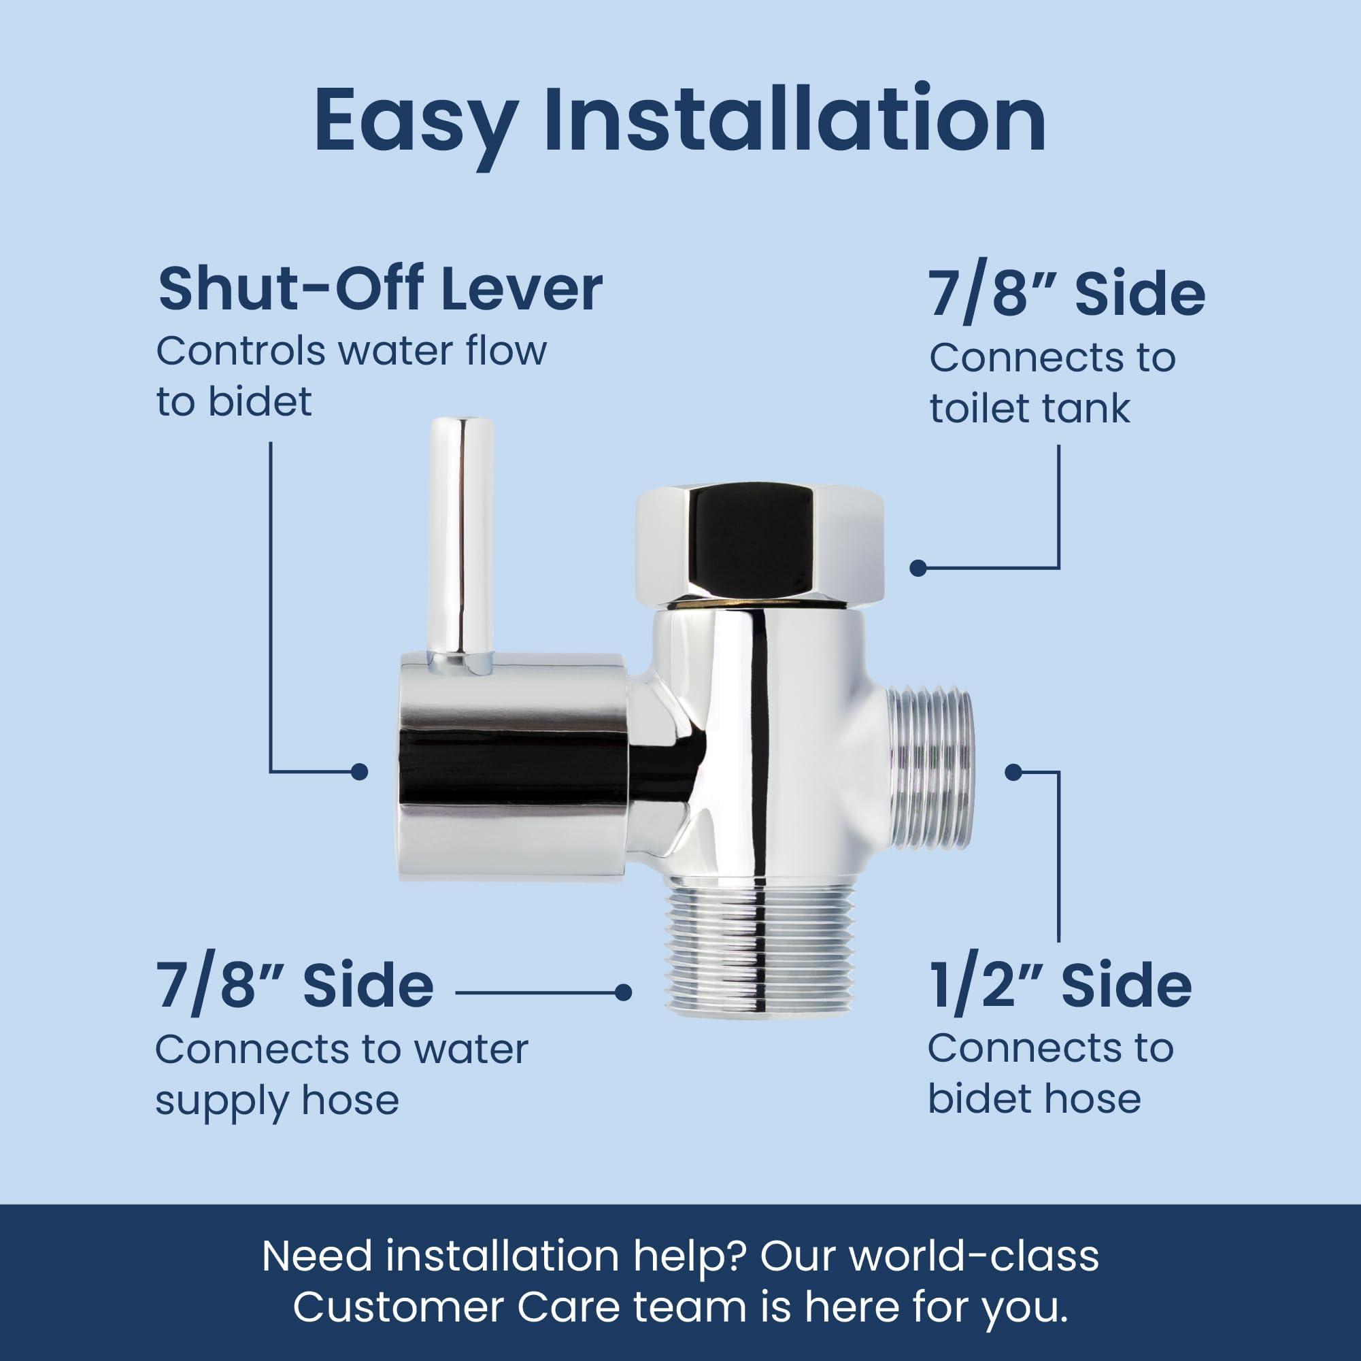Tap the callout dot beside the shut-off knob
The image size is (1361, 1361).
point(359,772)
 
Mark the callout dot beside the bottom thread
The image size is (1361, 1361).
point(622,992)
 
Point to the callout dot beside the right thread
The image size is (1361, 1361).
point(1013,773)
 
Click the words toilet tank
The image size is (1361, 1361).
point(1029,409)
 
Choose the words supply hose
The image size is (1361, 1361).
point(277,1100)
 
